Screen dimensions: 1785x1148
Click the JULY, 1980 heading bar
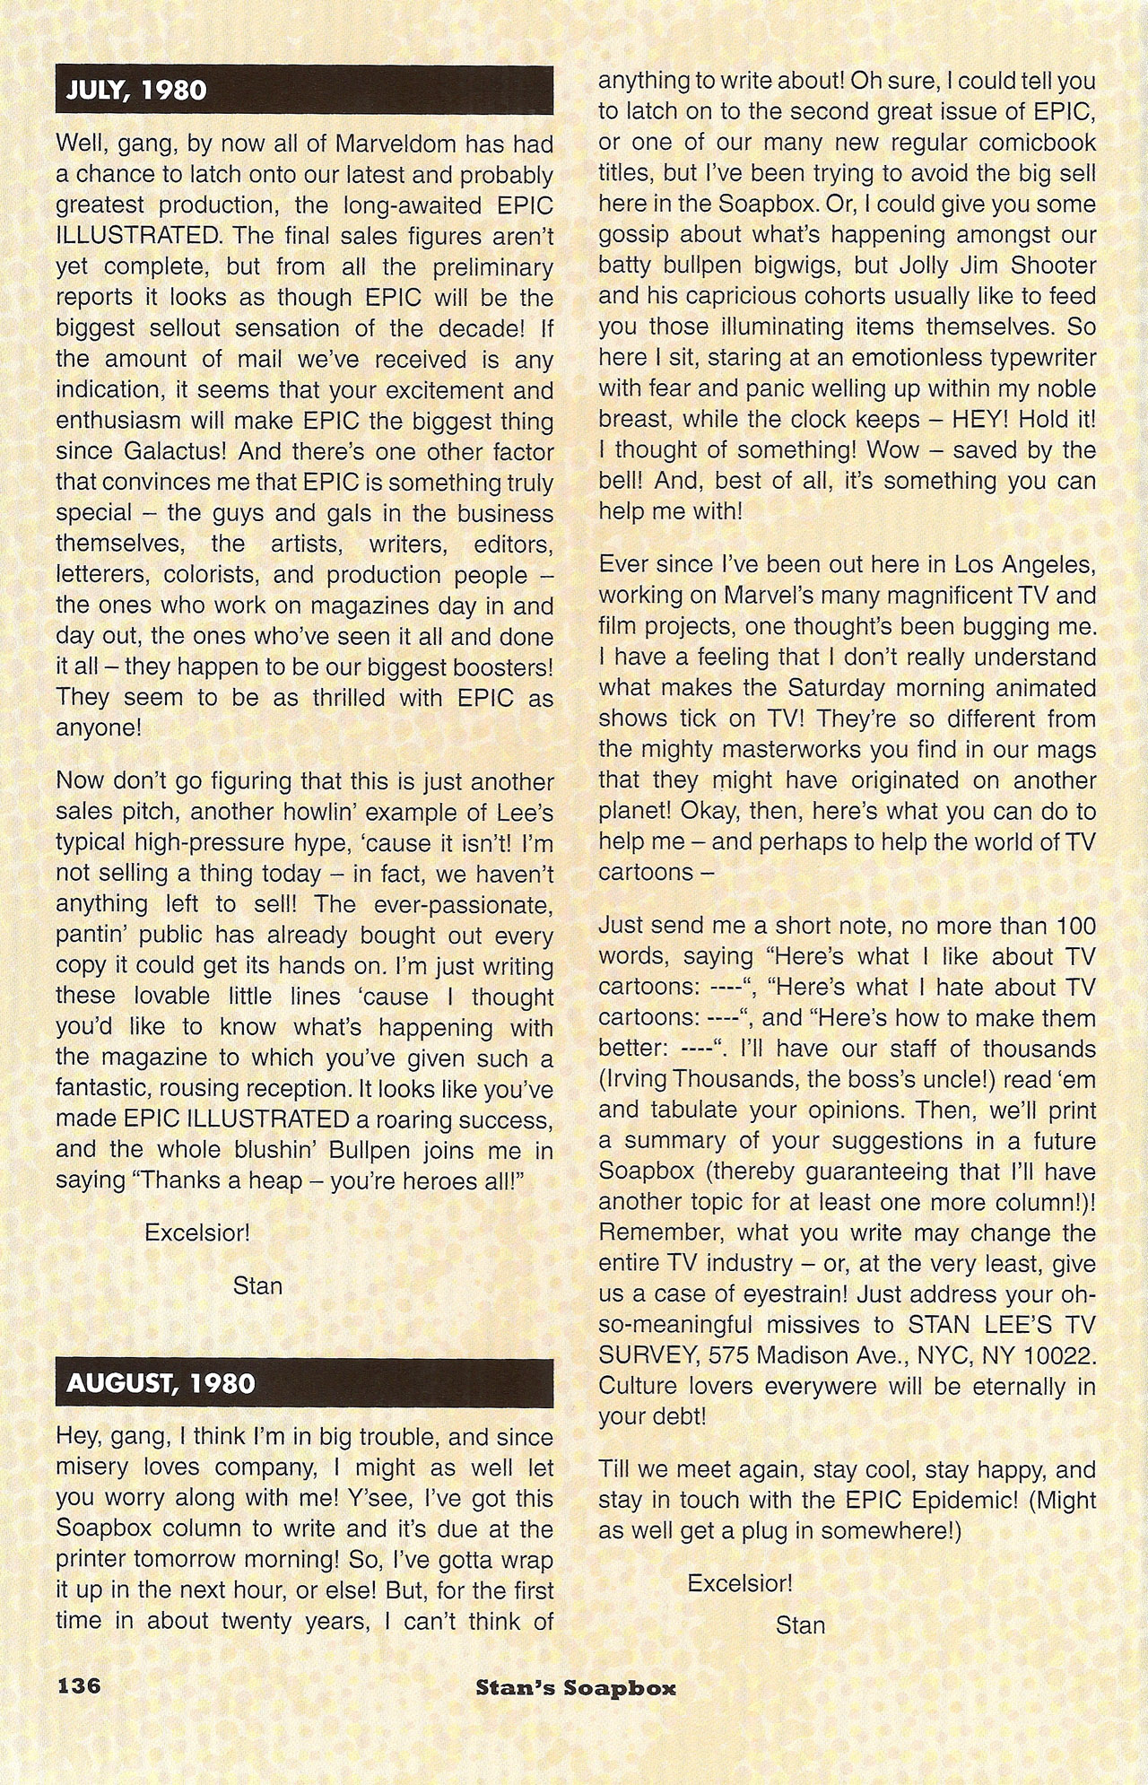point(304,90)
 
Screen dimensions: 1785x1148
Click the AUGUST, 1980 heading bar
point(304,1382)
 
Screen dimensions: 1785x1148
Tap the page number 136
point(79,1685)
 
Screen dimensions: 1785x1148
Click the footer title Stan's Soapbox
point(576,1687)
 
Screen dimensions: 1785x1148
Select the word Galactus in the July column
point(180,452)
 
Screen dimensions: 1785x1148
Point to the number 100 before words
point(1075,926)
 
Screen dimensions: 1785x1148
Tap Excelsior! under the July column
point(197,1232)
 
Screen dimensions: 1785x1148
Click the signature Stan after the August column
point(800,1624)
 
